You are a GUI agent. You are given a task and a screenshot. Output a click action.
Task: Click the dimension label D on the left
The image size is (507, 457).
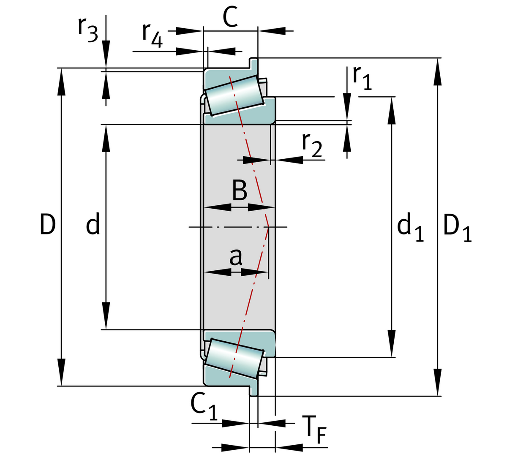pos(48,224)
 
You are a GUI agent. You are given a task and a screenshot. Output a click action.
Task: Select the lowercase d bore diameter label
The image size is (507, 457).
pos(93,224)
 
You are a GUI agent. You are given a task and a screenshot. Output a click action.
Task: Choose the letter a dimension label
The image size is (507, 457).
pos(236,256)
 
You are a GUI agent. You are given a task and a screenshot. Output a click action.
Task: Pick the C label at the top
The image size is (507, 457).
pos(230,18)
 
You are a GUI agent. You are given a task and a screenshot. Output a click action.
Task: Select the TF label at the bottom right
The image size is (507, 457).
pos(314,430)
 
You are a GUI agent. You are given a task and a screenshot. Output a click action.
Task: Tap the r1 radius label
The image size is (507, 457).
pos(362,78)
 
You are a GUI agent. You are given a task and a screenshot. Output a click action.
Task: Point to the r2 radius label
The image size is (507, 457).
pos(312,144)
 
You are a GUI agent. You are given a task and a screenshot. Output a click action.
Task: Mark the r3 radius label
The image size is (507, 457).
pos(87,29)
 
